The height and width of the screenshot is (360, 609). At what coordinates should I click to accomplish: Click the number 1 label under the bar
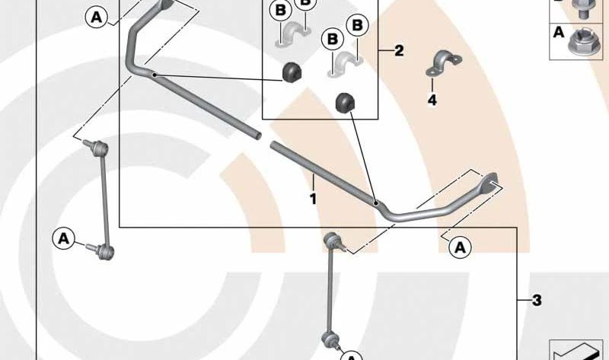313,199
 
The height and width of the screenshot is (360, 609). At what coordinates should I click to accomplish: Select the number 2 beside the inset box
399,50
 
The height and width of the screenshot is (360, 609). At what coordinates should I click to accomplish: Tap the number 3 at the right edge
537,300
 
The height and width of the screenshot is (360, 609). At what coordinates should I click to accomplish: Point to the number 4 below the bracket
432,100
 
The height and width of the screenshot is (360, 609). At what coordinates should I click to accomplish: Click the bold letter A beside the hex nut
559,32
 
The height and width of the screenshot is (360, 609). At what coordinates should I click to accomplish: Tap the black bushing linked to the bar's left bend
292,72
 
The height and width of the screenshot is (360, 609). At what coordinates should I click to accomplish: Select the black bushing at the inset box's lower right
346,102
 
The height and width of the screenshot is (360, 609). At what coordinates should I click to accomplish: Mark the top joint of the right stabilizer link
333,239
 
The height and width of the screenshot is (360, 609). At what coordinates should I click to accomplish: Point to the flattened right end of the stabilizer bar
491,183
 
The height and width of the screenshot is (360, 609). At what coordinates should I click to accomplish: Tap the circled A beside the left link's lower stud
64,238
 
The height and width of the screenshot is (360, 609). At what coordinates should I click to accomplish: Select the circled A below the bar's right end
461,247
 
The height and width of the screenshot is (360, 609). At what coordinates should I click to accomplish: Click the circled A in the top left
97,17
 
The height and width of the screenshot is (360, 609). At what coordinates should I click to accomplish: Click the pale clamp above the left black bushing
293,36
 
